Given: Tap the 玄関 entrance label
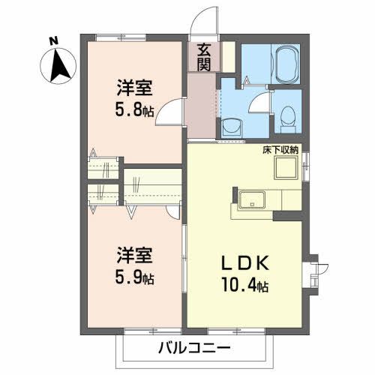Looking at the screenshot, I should (x=203, y=56).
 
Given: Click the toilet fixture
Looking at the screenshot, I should (x=287, y=115).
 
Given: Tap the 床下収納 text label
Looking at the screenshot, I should (x=280, y=150).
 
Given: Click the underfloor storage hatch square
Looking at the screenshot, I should (x=285, y=169).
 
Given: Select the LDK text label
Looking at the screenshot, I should (x=241, y=265).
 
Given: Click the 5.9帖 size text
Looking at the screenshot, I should (x=135, y=277).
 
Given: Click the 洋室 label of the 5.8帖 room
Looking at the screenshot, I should (x=135, y=87).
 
